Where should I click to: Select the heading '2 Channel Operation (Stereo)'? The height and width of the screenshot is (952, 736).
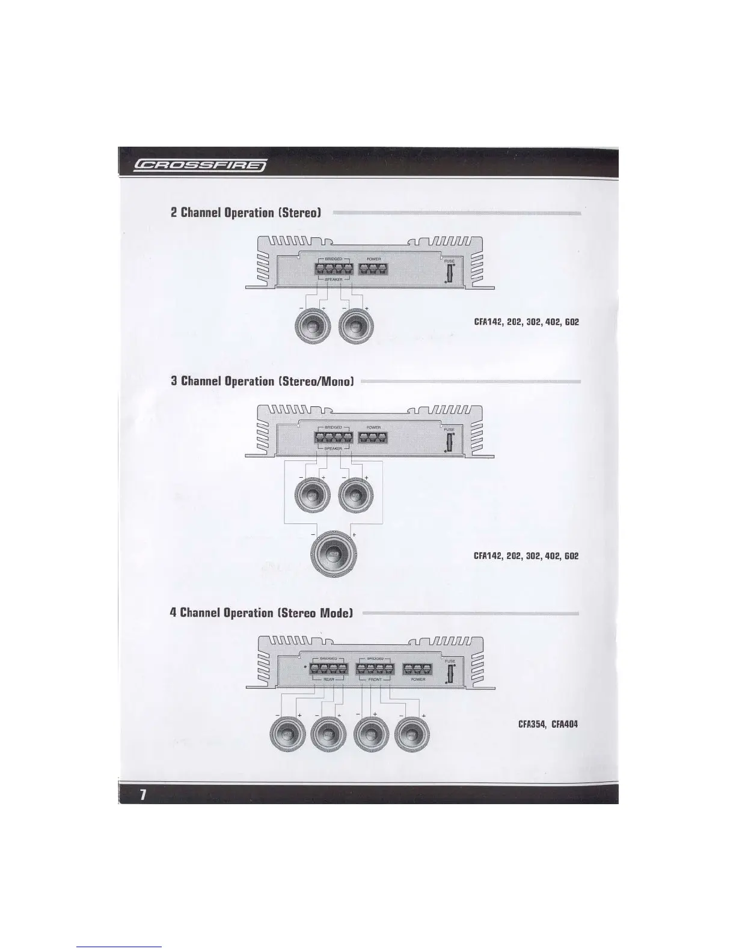pos(245,212)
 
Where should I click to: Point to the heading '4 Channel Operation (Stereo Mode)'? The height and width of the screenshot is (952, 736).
pos(261,613)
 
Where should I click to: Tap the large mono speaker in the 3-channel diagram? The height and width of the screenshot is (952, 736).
pos(334,553)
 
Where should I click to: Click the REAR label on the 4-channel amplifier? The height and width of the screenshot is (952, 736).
pos(328,679)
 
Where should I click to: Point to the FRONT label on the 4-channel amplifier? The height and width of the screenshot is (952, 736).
pos(375,679)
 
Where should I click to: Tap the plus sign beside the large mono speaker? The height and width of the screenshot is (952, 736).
pos(354,534)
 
